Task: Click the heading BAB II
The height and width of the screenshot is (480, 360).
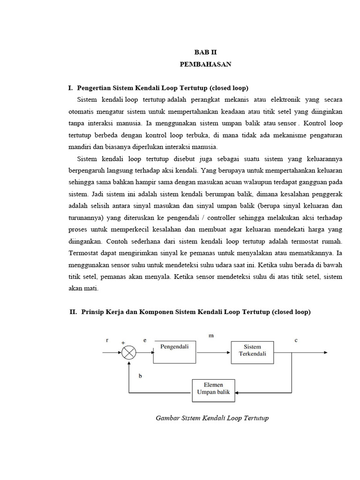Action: (x=205, y=53)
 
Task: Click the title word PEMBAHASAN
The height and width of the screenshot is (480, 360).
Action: (x=205, y=65)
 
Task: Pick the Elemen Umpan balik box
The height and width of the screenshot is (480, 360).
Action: (x=214, y=390)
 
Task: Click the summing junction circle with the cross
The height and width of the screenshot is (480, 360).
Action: (x=128, y=353)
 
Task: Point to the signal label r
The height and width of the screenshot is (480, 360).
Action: (x=107, y=341)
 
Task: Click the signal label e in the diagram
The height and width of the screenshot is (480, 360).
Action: (x=145, y=341)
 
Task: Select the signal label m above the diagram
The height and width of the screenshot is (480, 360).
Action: (x=210, y=336)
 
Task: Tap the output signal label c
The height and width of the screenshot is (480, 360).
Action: (x=296, y=341)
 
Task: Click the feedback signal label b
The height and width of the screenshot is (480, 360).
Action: (x=140, y=376)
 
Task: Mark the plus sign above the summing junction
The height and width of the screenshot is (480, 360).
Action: (x=123, y=343)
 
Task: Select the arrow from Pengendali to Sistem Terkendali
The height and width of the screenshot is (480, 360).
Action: (x=213, y=353)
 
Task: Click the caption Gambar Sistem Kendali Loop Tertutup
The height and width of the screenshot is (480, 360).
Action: (x=212, y=418)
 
